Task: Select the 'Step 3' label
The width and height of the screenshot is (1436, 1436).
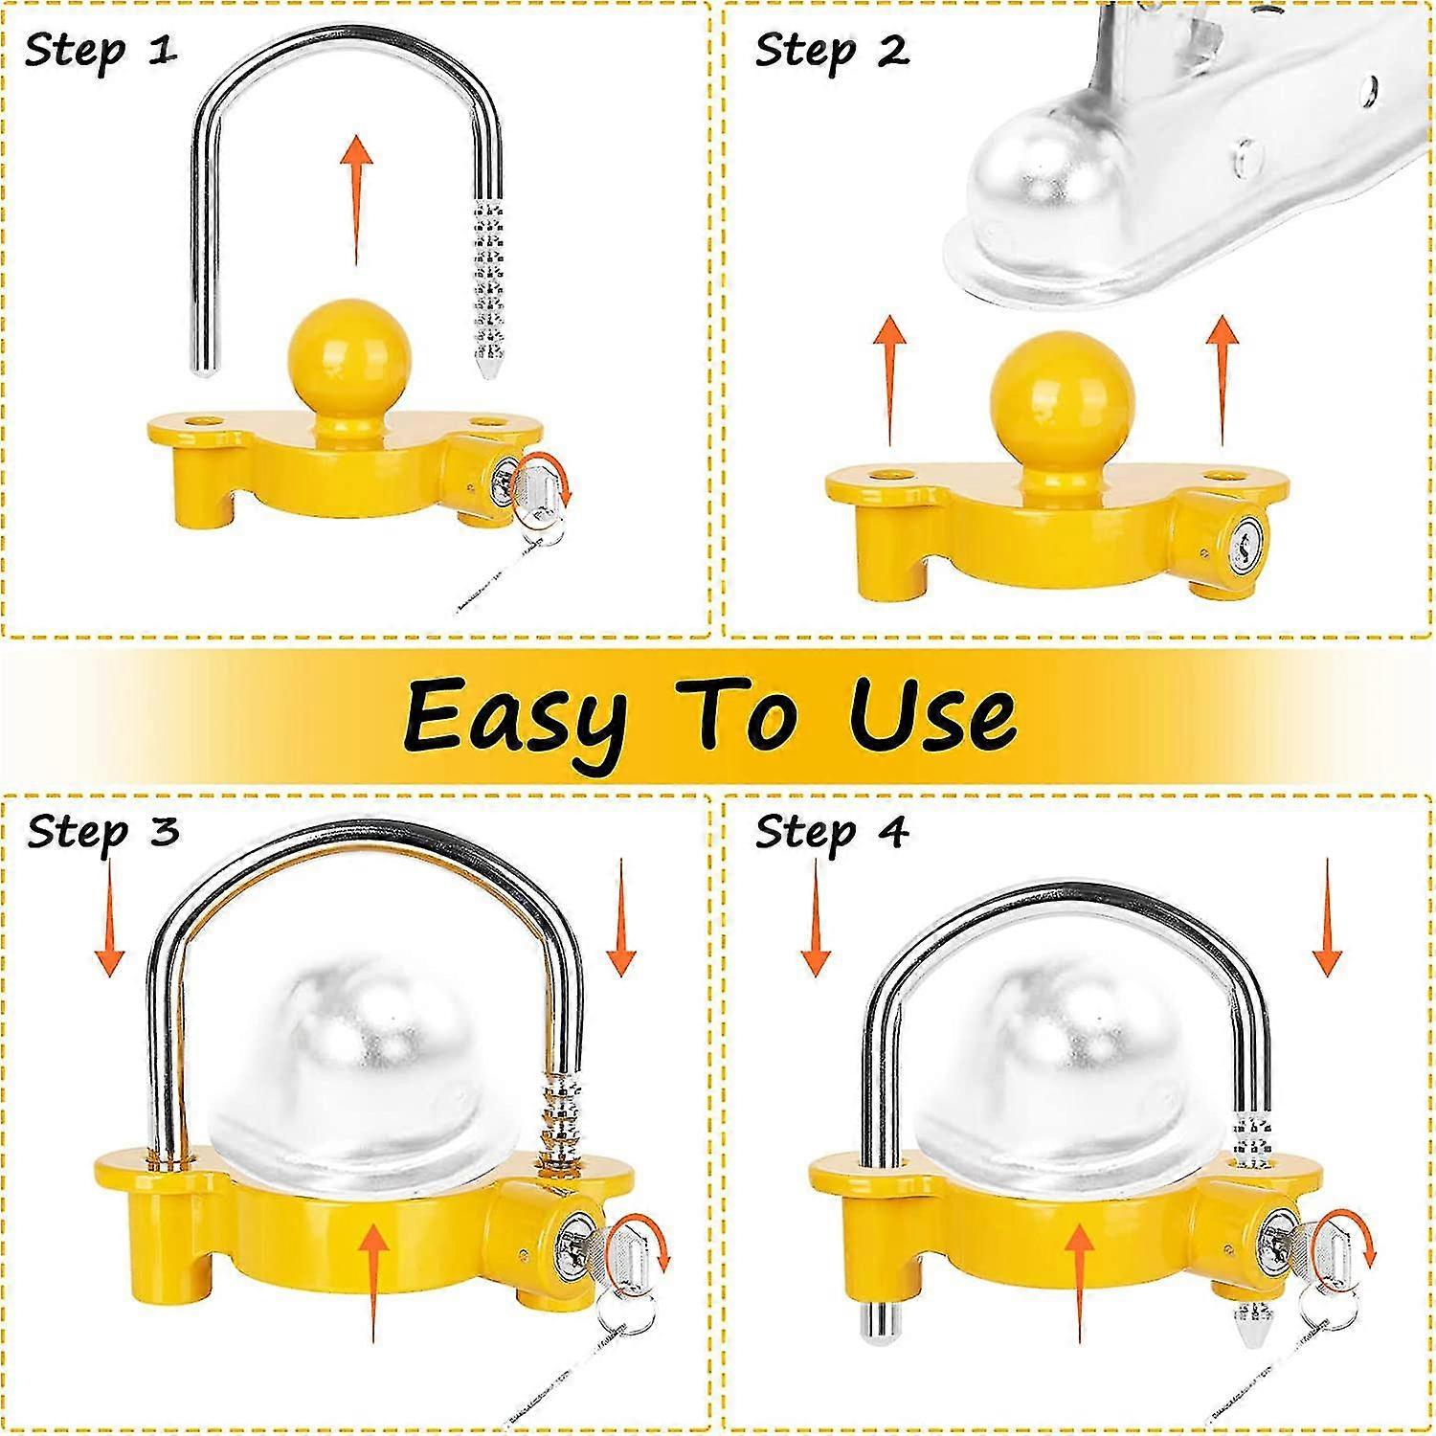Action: [102, 831]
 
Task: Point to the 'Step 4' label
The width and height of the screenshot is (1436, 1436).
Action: [831, 831]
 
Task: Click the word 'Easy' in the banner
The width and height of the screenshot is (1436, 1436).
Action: [515, 716]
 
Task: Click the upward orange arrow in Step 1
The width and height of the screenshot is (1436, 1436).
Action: [357, 199]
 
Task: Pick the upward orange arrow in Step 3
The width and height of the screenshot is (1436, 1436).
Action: [373, 1283]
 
